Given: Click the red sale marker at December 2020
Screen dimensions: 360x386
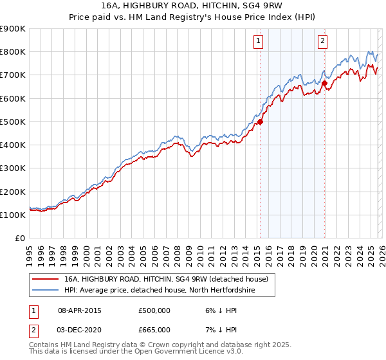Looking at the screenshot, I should click(325, 83).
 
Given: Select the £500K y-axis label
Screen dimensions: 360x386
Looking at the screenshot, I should click(13, 122).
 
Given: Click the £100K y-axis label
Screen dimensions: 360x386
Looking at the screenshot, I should click(13, 215).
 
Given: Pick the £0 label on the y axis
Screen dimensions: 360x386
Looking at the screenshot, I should click(19, 239).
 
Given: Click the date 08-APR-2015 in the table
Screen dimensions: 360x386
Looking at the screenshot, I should click(80, 310).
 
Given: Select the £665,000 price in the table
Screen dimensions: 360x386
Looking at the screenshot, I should click(154, 329).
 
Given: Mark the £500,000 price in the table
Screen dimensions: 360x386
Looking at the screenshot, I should click(154, 310).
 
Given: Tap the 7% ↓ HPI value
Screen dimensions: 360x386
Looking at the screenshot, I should click(219, 329).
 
